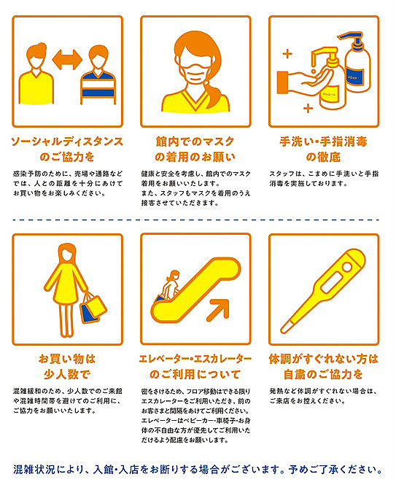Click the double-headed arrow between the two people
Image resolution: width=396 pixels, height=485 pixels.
(67, 59)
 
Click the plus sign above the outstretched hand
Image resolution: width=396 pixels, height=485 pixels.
(287, 54)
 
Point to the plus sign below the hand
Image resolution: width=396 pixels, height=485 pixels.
(308, 108)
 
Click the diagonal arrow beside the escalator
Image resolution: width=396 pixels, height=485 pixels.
(218, 310)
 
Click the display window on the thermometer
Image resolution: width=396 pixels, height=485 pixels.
(332, 283)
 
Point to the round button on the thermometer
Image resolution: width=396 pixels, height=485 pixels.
(347, 266)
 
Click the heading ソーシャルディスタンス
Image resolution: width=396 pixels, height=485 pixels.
(67, 141)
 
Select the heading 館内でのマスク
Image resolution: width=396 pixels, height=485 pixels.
(195, 141)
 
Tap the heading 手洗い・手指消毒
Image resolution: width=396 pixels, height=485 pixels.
(323, 141)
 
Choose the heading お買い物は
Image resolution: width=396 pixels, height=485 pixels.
(67, 359)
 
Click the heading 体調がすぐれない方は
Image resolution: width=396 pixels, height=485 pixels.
(323, 359)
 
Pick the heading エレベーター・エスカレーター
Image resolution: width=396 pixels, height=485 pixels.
(195, 359)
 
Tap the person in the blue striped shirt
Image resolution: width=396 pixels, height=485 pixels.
(98, 75)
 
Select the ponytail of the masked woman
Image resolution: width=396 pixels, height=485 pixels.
(214, 94)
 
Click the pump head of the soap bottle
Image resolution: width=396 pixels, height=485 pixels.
(351, 38)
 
